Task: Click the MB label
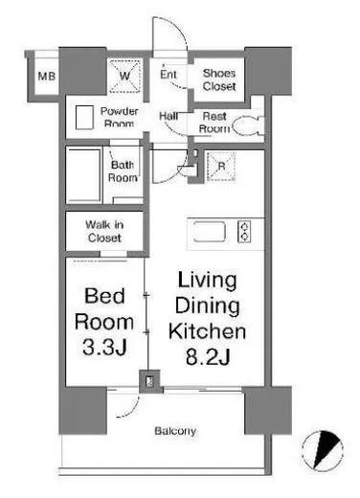click(x=47, y=77)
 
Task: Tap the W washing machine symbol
click(x=124, y=76)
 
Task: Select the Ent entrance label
click(x=169, y=74)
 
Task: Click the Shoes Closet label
click(x=219, y=79)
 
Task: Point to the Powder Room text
click(x=119, y=117)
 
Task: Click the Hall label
click(x=169, y=116)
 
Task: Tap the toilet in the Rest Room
click(x=248, y=125)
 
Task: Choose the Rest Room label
click(x=214, y=123)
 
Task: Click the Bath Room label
click(x=123, y=171)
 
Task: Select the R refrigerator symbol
click(x=221, y=167)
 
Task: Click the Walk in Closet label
click(x=104, y=231)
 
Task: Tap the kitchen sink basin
click(x=210, y=231)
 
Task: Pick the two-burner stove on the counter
click(x=244, y=231)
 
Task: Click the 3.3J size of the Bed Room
click(x=104, y=347)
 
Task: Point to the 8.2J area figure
click(x=208, y=356)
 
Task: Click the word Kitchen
click(x=207, y=331)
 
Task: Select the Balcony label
click(x=175, y=431)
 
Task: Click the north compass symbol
click(x=323, y=450)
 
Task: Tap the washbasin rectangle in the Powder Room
click(x=84, y=118)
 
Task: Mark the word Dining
click(x=208, y=306)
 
